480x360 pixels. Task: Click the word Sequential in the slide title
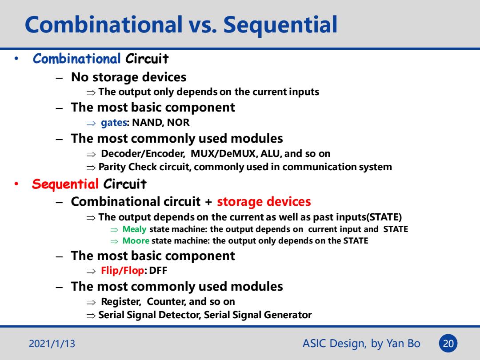280,25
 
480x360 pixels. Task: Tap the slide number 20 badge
448,344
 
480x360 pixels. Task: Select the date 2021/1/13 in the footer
52,344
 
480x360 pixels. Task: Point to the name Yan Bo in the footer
403,343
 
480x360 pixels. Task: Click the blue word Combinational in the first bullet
76,59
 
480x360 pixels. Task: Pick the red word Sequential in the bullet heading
65,184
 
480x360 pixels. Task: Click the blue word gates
114,123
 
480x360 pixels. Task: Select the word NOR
178,123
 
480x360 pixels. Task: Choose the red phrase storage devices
264,202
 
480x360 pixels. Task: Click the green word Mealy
134,229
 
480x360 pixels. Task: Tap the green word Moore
136,240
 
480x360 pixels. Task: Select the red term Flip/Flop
123,271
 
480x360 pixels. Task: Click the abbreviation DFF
158,271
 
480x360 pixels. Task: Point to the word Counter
166,301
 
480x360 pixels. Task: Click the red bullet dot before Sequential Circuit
16,184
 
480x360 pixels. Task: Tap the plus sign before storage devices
208,202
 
